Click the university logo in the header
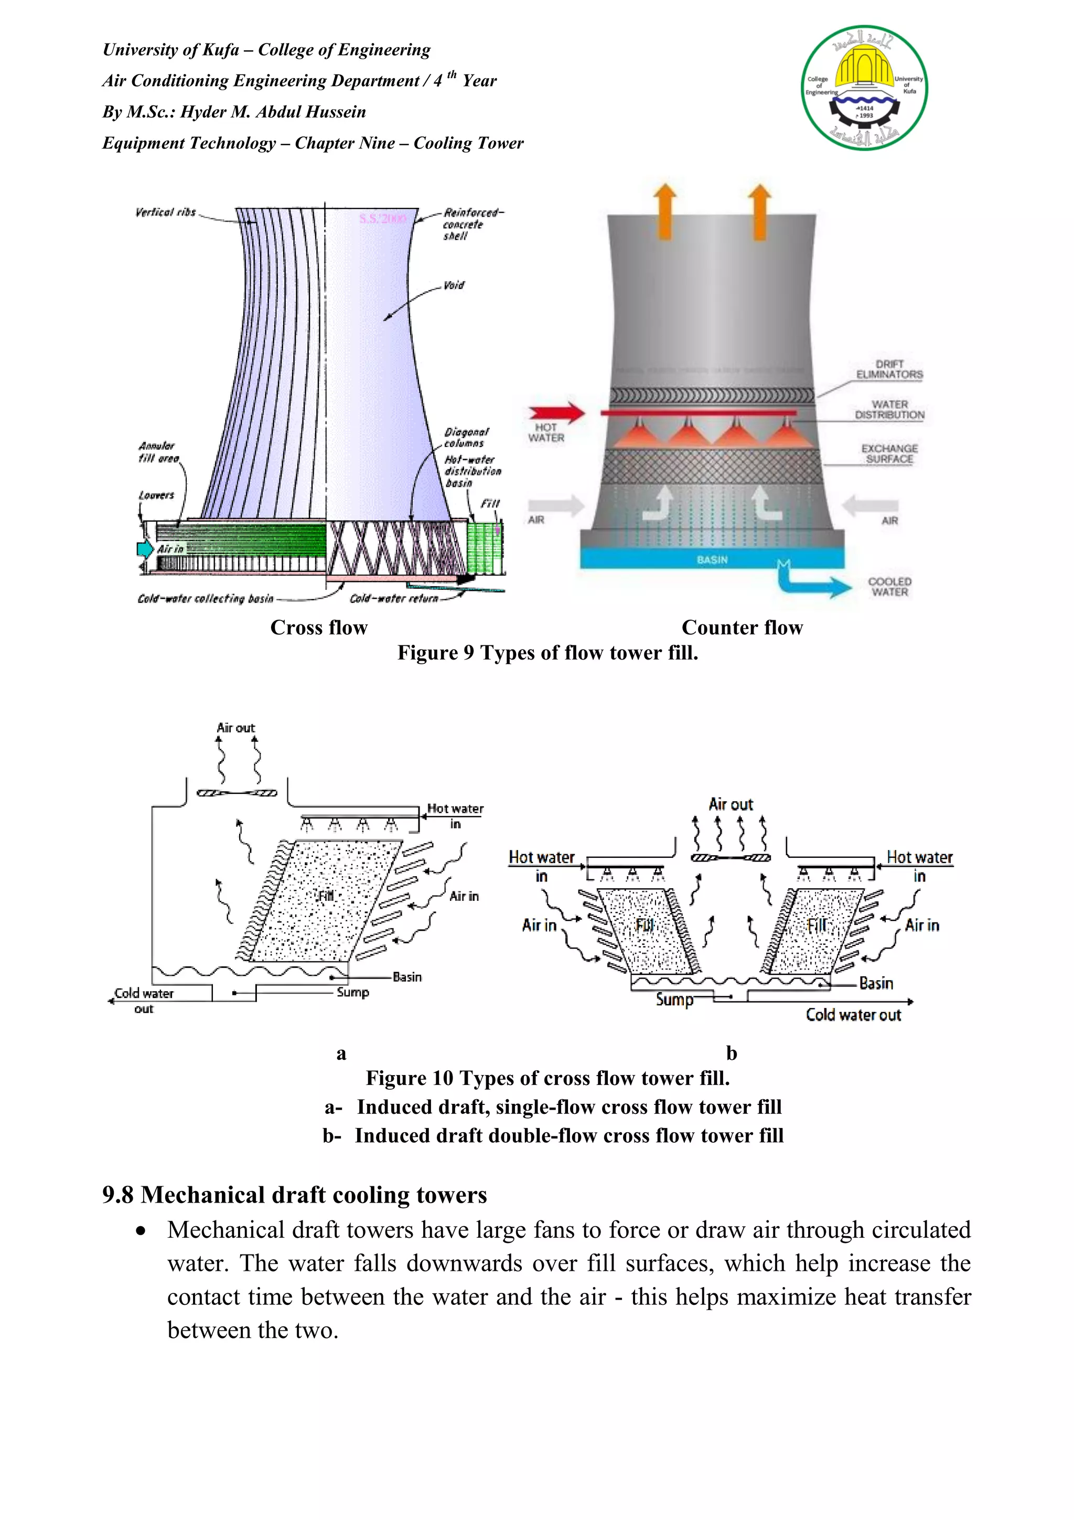pyautogui.click(x=864, y=88)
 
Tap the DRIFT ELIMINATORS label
pyautogui.click(x=889, y=369)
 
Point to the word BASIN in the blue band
pyautogui.click(x=712, y=559)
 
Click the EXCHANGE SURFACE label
pyautogui.click(x=889, y=453)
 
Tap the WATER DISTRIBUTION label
pyautogui.click(x=889, y=410)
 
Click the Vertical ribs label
pyautogui.click(x=165, y=212)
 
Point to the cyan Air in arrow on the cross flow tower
pyautogui.click(x=144, y=549)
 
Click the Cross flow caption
pyautogui.click(x=318, y=628)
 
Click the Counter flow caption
pyautogui.click(x=742, y=628)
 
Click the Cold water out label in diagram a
pyautogui.click(x=144, y=1001)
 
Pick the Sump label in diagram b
pyautogui.click(x=674, y=1000)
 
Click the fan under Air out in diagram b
pyautogui.click(x=731, y=858)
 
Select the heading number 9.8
pyautogui.click(x=118, y=1195)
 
